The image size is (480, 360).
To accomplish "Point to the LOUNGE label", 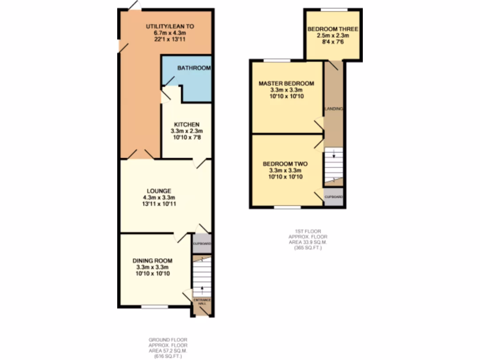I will tap(159, 191).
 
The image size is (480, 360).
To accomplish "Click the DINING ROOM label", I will tap(152, 261).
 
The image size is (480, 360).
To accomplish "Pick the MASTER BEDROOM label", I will tap(286, 83).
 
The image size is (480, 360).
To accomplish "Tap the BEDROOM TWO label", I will tap(285, 164).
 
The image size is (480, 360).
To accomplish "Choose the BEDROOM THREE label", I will tap(333, 29).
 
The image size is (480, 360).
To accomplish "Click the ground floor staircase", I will tap(202, 277).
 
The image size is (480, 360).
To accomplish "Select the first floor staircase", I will tap(334, 165).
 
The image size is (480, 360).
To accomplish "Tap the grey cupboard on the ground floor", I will tap(202, 244).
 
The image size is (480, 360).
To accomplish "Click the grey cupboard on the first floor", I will tap(334, 198).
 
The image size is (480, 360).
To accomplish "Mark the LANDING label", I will tap(334, 109).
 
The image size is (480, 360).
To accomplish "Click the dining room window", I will tap(155, 307).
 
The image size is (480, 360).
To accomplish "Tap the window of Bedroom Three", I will tap(334, 9).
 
